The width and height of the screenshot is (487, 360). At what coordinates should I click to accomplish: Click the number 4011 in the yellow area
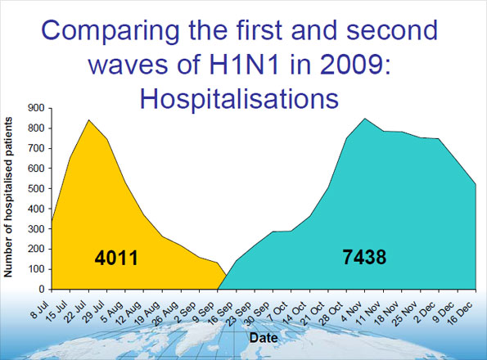click(x=115, y=259)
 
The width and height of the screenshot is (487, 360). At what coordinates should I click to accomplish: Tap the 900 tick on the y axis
click(x=34, y=107)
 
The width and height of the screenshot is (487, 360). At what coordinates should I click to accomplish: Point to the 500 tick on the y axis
click(x=34, y=188)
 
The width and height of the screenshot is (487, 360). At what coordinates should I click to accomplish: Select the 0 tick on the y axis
click(x=41, y=289)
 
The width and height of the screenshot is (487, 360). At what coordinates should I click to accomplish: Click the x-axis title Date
click(x=262, y=336)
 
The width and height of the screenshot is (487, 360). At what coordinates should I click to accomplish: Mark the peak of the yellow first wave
click(x=88, y=120)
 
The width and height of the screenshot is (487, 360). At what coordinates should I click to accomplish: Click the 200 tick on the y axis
click(x=34, y=249)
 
